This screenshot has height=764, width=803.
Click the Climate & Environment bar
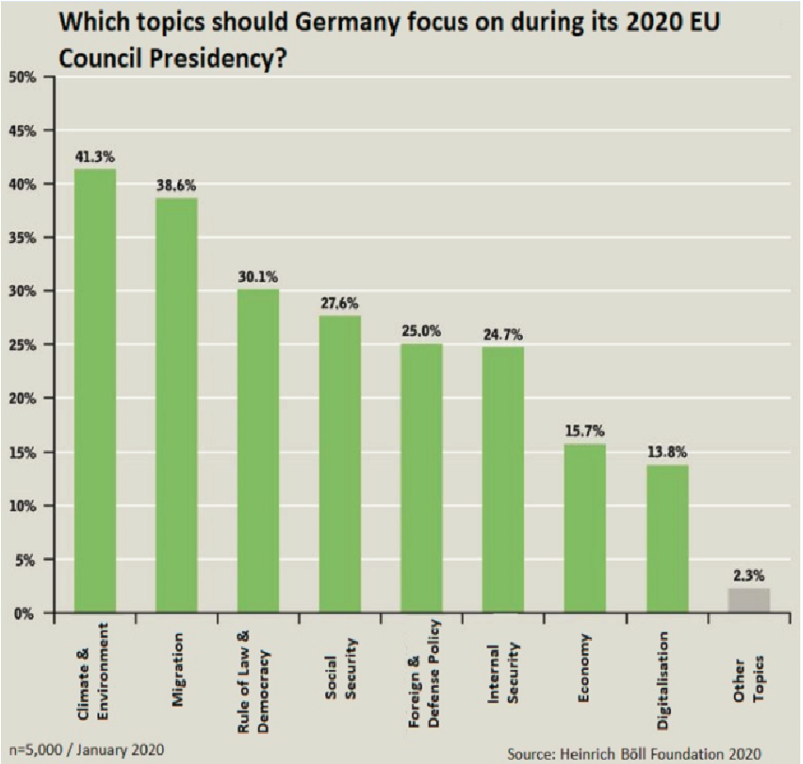[95, 390]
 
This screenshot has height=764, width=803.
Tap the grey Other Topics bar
[749, 600]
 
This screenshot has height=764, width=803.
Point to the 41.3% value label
[95, 157]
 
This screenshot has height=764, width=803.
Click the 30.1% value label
[258, 276]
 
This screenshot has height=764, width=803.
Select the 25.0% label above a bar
[421, 330]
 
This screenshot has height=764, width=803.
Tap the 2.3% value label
[749, 573]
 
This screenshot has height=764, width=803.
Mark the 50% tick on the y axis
[22, 77]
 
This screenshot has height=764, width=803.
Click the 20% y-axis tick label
[22, 399]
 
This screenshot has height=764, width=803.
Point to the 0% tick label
[26, 613]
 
